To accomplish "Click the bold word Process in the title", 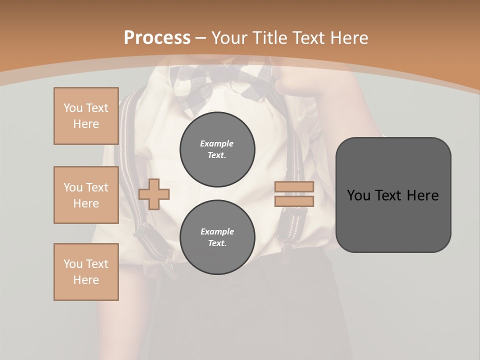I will [157, 38].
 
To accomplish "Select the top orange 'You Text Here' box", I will [86, 116].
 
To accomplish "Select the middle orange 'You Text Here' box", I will [86, 195].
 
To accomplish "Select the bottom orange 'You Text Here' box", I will [86, 272].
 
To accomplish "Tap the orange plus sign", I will [154, 194].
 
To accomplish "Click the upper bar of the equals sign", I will [294, 187].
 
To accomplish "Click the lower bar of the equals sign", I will [294, 201].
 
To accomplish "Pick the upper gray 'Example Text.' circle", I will [217, 149].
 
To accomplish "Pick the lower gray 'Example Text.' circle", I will [217, 237].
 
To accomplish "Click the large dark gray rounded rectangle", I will [393, 220].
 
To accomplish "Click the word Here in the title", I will [348, 38].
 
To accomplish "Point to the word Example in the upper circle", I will [217, 144].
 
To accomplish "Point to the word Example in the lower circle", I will [217, 232].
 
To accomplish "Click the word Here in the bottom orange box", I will [86, 280].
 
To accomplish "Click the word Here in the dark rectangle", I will [423, 195].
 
